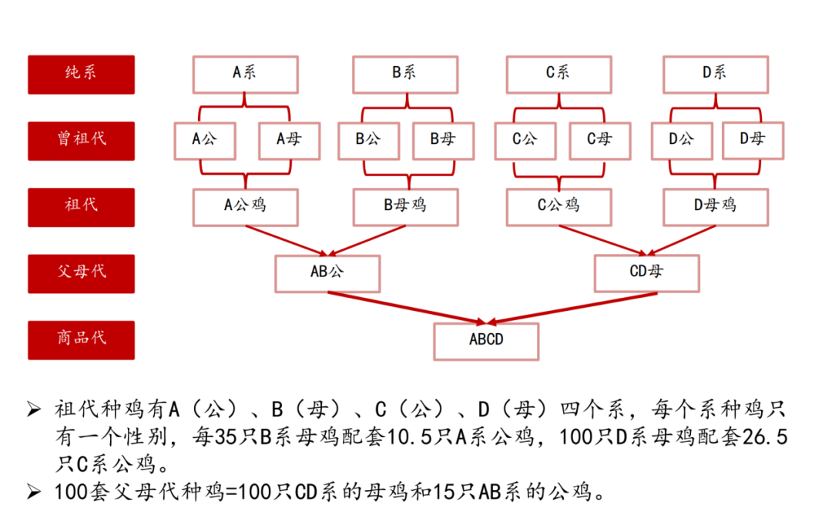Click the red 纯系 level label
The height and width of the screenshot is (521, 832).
coord(81,74)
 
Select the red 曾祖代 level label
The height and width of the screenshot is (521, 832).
coord(81,140)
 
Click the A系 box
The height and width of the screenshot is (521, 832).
coord(245,74)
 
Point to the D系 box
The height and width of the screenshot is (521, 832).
coord(715,74)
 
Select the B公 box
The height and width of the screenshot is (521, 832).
coord(368,140)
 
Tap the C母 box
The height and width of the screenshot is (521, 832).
coord(599,140)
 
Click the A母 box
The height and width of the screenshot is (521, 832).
coord(289,140)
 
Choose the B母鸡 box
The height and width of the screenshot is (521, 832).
coord(405,206)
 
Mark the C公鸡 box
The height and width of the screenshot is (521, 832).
coord(559,206)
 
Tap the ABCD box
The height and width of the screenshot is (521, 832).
coord(486,340)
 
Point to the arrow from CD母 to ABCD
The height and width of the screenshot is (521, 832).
coord(570,306)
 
